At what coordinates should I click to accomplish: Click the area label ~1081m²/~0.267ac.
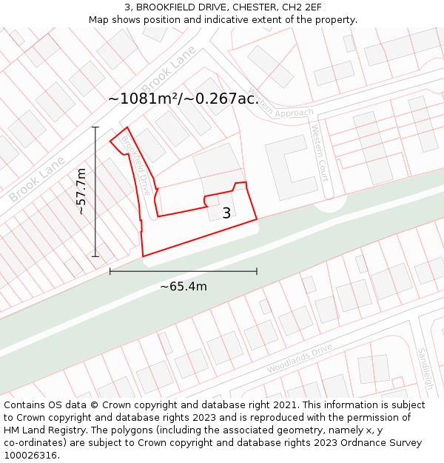[184, 98]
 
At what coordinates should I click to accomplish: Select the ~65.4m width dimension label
[184, 286]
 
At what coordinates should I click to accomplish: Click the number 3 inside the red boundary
[226, 213]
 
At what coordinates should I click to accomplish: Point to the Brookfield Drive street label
[136, 164]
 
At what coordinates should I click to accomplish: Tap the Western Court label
[320, 153]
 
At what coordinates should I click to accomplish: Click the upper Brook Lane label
[169, 76]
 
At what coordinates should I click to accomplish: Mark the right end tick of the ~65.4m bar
[257, 271]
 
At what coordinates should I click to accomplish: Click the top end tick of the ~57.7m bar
[95, 127]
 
